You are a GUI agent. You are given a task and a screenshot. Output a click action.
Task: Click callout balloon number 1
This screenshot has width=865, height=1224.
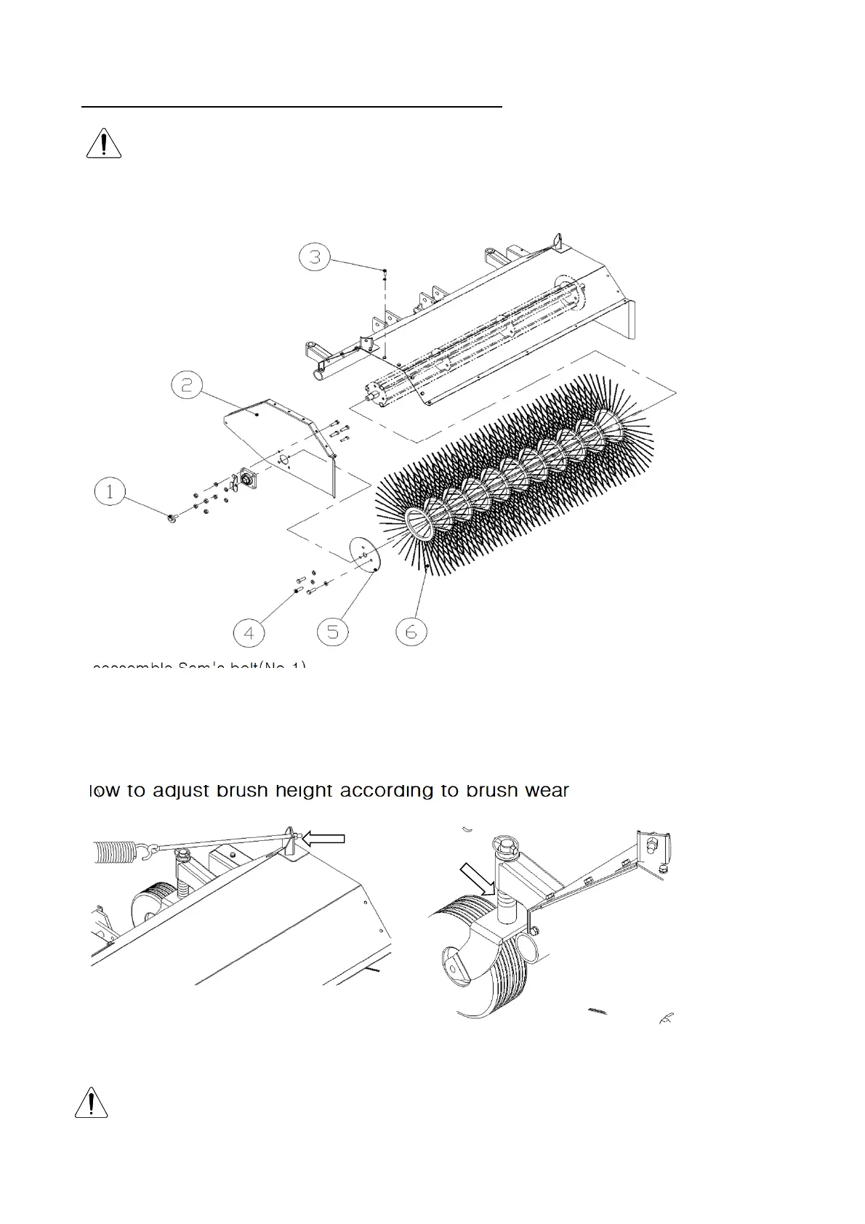click(x=110, y=492)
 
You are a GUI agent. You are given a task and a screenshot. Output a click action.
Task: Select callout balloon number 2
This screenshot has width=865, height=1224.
click(x=187, y=384)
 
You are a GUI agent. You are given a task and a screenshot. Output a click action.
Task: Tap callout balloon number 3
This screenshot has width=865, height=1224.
click(x=315, y=257)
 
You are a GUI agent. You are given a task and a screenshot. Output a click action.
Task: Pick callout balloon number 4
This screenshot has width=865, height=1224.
click(x=249, y=633)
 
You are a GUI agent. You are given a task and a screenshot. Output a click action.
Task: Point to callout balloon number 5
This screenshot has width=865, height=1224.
click(x=332, y=632)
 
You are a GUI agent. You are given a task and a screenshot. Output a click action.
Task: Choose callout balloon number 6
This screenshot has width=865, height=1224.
click(x=411, y=632)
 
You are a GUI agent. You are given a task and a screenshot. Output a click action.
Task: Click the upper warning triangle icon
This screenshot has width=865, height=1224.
click(x=104, y=143)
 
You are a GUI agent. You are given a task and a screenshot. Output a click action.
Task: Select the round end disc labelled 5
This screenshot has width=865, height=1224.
click(x=366, y=557)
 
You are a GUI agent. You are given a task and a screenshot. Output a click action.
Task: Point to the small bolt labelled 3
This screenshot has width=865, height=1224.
click(x=385, y=271)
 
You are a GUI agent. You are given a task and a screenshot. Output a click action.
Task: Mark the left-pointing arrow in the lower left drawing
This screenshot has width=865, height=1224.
click(x=323, y=839)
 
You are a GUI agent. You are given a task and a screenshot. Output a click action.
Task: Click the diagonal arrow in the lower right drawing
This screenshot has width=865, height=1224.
click(x=479, y=880)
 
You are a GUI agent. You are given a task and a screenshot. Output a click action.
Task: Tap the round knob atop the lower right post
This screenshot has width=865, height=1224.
click(x=503, y=845)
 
